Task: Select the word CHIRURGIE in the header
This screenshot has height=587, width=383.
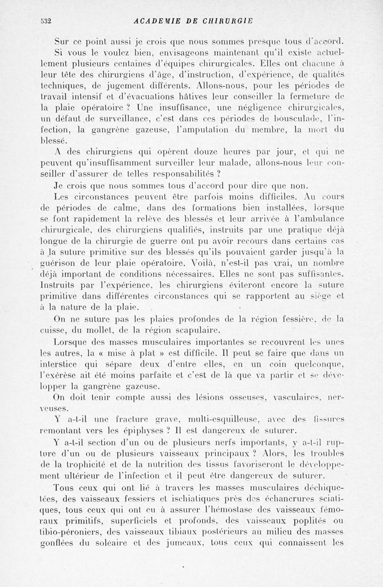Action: pyautogui.click(x=227, y=21)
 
